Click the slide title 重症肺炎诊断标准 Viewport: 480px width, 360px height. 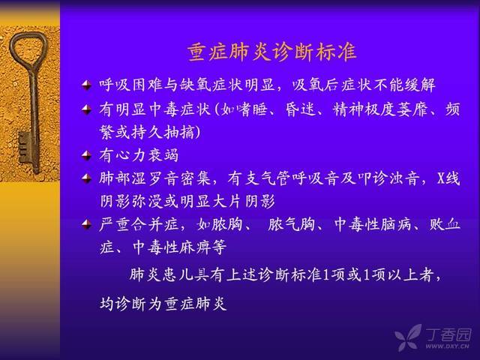tap(271, 52)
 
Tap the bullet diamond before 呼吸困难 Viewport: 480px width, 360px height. tap(87, 85)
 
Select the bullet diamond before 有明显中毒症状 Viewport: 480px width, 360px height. tap(87, 109)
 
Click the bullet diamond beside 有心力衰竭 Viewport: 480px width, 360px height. tap(87, 155)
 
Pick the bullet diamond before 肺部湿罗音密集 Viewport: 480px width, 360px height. tap(87, 178)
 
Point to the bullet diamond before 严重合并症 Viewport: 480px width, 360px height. tap(87, 224)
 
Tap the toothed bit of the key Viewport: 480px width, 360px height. tap(25, 147)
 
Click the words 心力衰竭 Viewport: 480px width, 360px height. tap(147, 155)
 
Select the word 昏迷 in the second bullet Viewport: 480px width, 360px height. tap(300, 109)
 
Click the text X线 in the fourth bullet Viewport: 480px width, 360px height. tap(448, 178)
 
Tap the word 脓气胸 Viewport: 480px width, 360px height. tap(292, 224)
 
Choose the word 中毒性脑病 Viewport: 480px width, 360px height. tap(373, 224)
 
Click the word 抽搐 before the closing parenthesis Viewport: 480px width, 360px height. tap(179, 132)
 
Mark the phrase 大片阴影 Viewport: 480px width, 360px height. tap(243, 201)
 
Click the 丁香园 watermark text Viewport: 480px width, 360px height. tap(448, 335)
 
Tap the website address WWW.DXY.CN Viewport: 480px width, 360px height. tap(447, 346)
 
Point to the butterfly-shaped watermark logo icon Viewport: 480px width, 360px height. tap(408, 337)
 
